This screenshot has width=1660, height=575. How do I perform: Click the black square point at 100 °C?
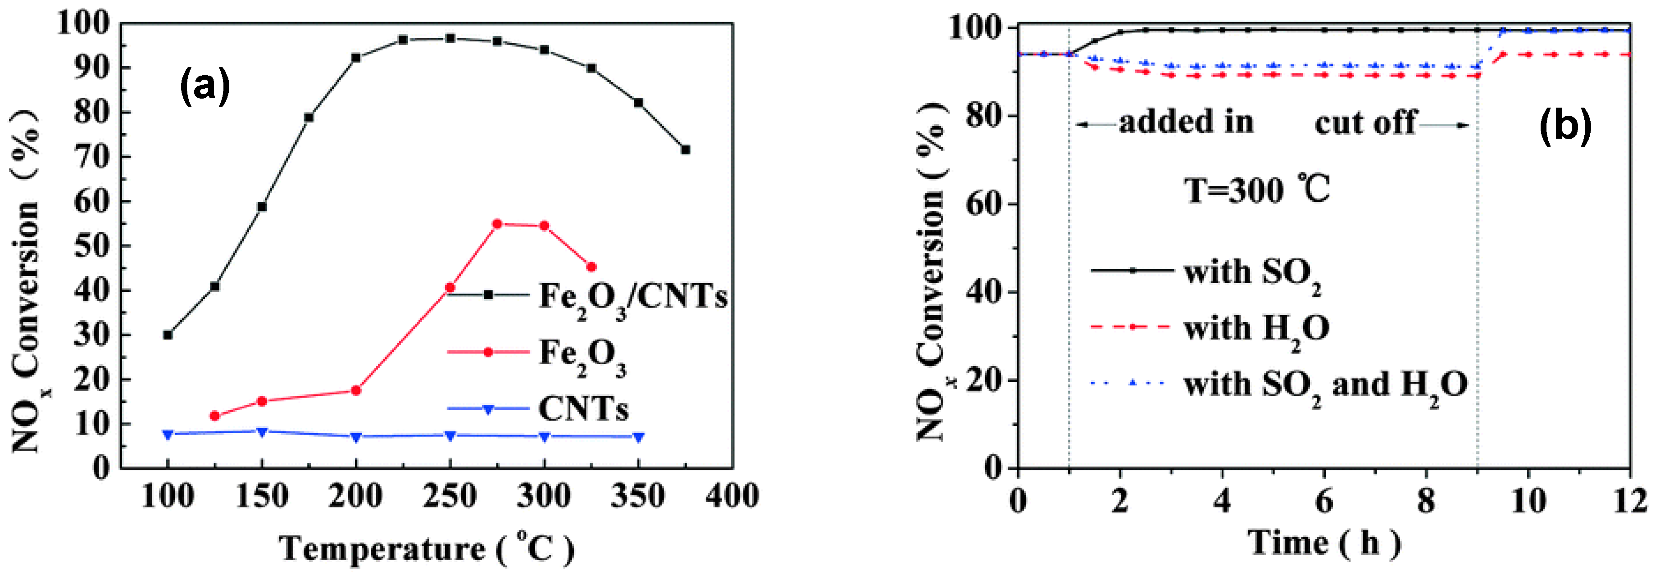tap(168, 335)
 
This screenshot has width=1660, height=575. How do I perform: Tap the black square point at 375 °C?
tap(686, 150)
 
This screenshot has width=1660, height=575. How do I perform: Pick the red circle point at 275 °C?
tap(497, 224)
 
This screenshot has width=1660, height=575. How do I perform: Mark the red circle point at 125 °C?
tap(214, 416)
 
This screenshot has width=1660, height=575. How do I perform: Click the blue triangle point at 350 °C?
tap(639, 437)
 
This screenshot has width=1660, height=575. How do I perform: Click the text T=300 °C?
tap(1256, 190)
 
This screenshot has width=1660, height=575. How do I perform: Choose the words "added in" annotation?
tap(1186, 122)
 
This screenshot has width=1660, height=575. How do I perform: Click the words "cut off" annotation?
tap(1365, 122)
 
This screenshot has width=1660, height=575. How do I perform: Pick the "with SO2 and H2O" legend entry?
tap(1325, 385)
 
